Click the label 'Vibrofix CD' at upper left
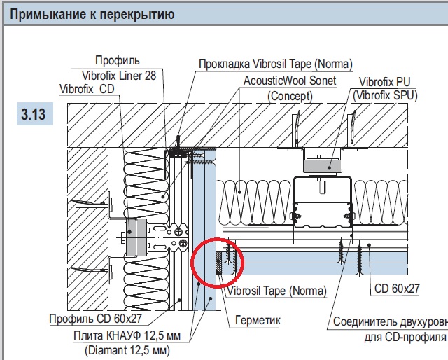88,88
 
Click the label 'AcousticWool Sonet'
290,81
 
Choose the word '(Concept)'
290,95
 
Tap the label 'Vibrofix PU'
384,81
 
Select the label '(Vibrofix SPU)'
385,95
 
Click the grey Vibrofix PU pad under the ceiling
328,164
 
